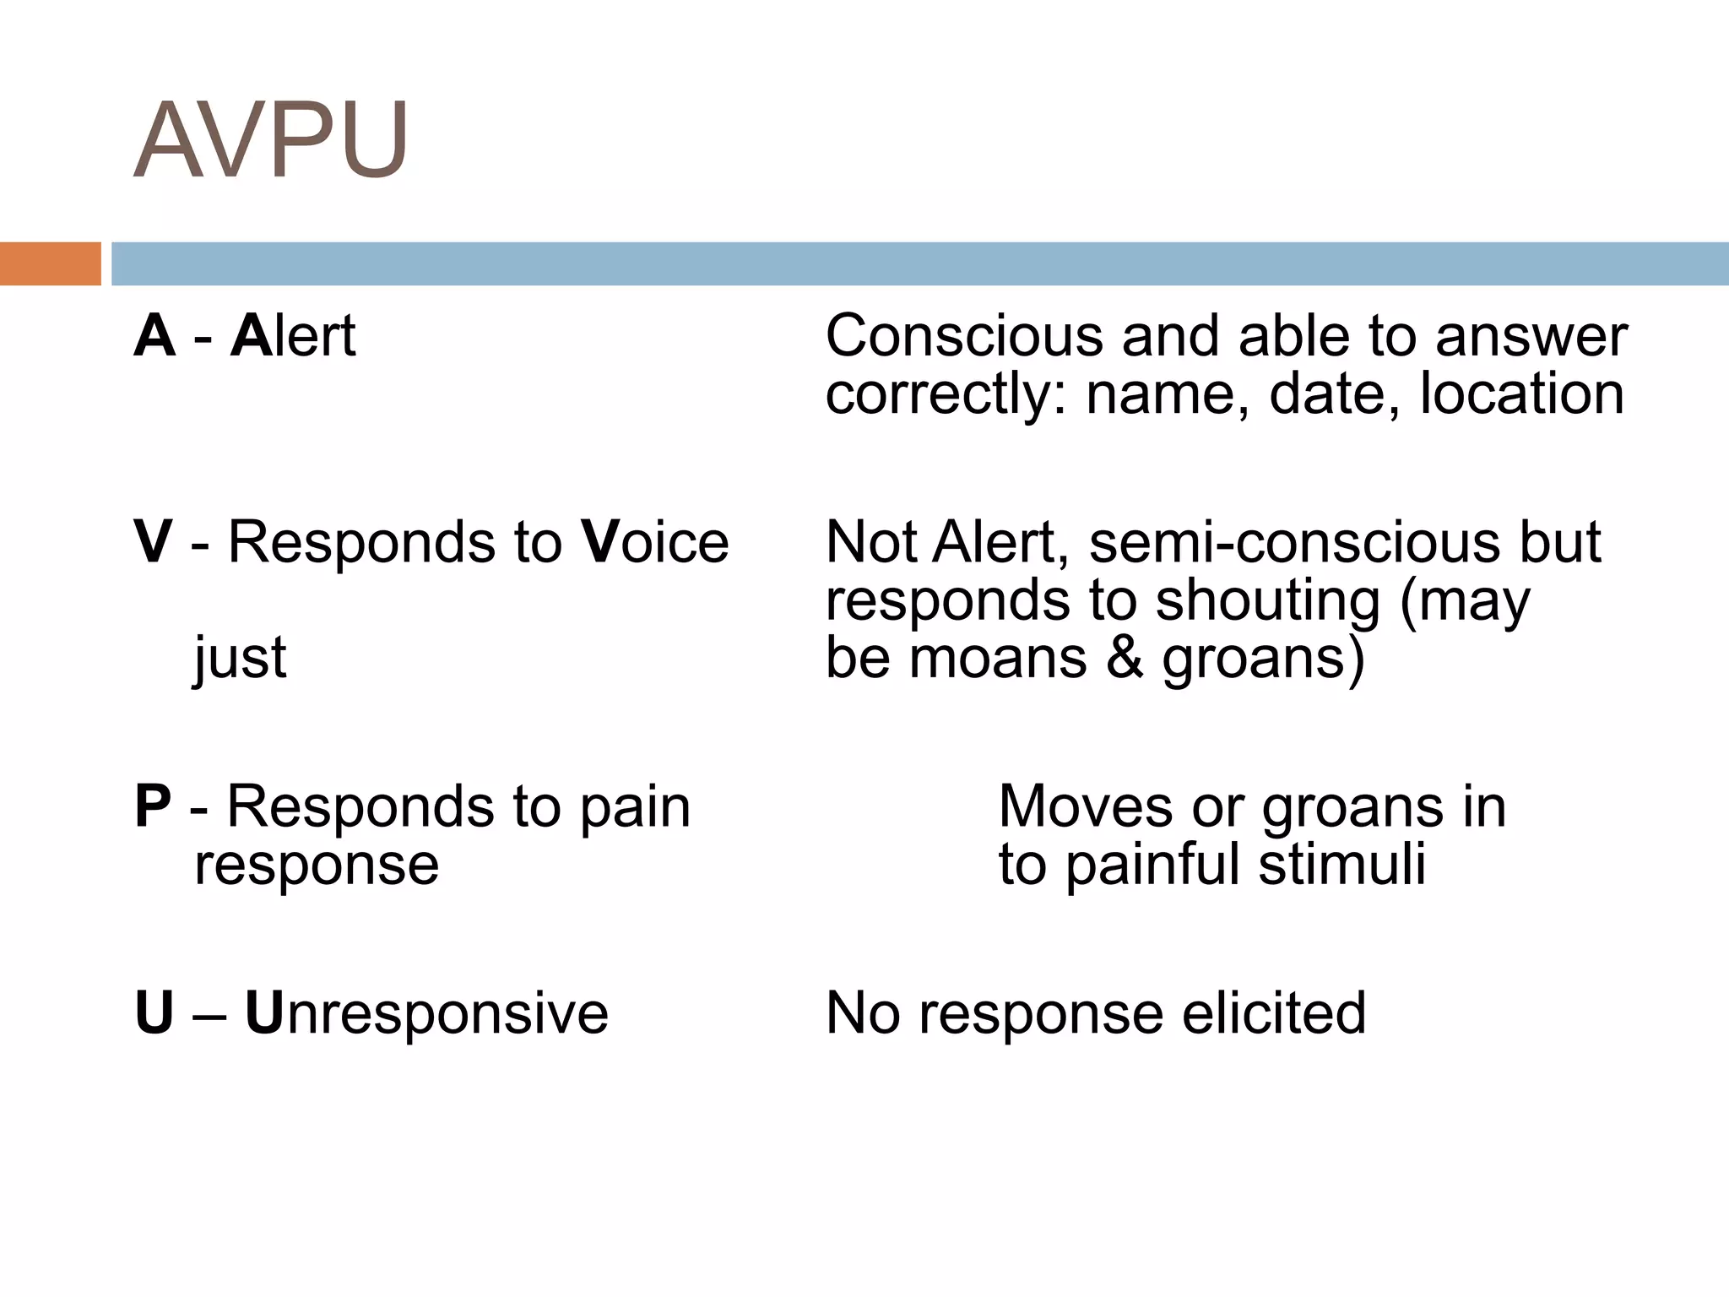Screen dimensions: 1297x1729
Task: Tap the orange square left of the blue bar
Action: click(50, 263)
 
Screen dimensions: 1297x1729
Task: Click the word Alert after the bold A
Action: click(293, 335)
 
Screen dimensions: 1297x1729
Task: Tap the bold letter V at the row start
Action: click(154, 541)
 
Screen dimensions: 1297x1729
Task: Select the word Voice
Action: click(655, 541)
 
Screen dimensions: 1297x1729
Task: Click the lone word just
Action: click(241, 658)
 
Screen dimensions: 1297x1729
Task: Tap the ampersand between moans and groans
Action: click(1125, 658)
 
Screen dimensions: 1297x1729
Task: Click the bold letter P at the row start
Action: click(153, 806)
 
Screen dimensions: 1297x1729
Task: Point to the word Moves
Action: click(1085, 806)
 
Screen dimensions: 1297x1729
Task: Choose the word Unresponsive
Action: click(426, 1012)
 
